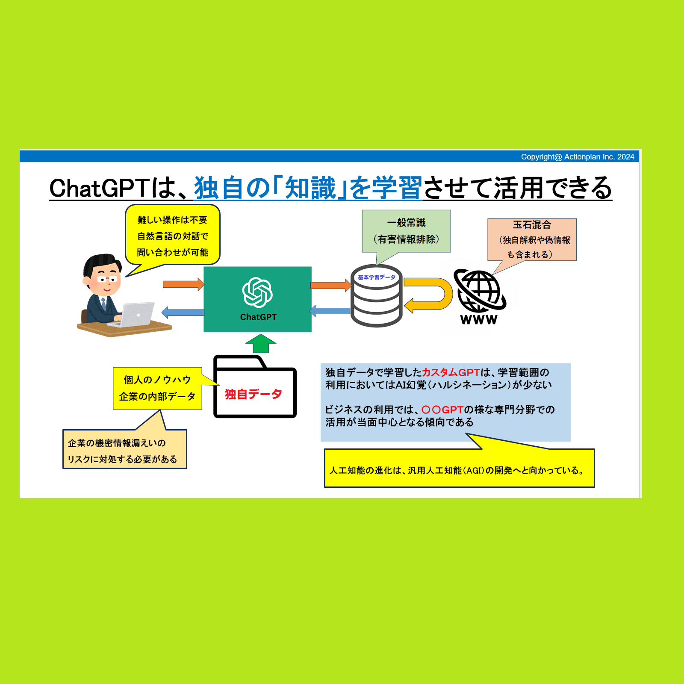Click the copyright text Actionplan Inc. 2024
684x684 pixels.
[x=578, y=157]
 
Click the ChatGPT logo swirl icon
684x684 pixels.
[x=257, y=292]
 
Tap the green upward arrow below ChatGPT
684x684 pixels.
[x=261, y=343]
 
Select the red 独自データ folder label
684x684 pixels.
[x=254, y=394]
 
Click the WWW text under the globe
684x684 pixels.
[x=479, y=319]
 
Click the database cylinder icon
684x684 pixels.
[x=376, y=296]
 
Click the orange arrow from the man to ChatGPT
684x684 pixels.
[x=183, y=284]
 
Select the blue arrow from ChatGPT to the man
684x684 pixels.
[x=183, y=313]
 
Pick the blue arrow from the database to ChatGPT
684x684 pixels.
[x=330, y=311]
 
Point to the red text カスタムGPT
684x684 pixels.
[x=451, y=373]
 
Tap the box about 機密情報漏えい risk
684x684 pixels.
[x=125, y=449]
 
